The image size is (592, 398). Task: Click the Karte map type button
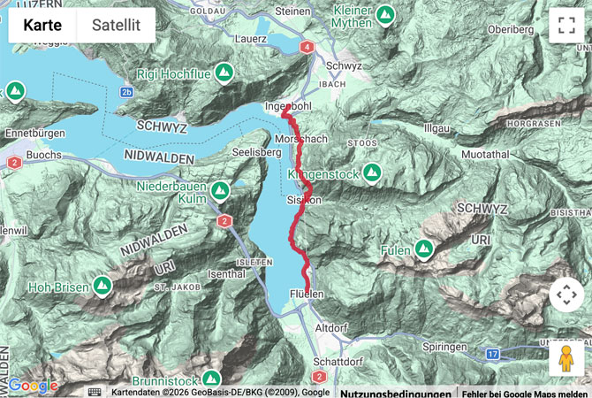(x=42, y=26)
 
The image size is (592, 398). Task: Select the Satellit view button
(x=116, y=26)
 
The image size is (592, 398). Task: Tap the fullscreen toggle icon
(x=566, y=26)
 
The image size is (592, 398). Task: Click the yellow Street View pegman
(x=566, y=358)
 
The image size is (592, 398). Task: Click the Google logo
(x=33, y=386)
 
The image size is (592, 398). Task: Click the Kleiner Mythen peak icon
(x=384, y=14)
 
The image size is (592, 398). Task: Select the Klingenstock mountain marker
(x=372, y=172)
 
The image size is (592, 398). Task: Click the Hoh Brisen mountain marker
(x=102, y=286)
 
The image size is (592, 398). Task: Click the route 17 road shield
(x=492, y=354)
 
